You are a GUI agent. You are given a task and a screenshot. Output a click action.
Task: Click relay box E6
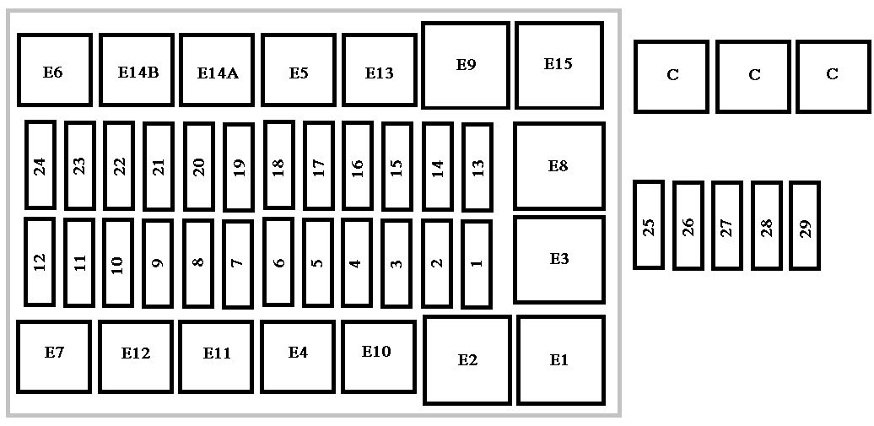(x=55, y=70)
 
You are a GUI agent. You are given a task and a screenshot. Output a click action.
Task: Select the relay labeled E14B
(x=137, y=70)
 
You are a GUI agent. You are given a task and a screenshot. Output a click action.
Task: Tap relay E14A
(x=217, y=70)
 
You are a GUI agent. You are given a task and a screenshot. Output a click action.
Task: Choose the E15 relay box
(x=559, y=65)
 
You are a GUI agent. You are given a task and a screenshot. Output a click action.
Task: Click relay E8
(x=559, y=166)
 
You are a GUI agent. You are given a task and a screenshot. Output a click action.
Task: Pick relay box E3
(x=559, y=260)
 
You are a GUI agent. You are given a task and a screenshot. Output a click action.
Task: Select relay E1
(x=561, y=360)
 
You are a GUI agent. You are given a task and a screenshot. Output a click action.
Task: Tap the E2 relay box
(x=467, y=360)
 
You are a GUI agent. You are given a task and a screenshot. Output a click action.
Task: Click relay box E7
(x=54, y=357)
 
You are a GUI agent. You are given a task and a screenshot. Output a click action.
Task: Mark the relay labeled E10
(x=379, y=357)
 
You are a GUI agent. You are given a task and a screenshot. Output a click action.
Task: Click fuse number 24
(x=40, y=165)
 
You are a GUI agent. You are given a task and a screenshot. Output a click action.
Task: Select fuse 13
(x=477, y=167)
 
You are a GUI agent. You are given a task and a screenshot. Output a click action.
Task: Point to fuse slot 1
(x=477, y=264)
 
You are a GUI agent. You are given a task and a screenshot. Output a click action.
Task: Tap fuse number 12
(x=40, y=262)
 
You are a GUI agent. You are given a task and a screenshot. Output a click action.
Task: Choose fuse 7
(x=238, y=264)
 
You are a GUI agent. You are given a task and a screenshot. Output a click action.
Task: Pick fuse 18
(x=279, y=165)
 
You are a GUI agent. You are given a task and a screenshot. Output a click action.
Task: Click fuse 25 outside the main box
(x=649, y=224)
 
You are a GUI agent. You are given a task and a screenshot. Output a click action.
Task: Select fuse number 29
(x=805, y=226)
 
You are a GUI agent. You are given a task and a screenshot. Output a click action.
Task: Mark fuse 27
(x=727, y=226)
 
